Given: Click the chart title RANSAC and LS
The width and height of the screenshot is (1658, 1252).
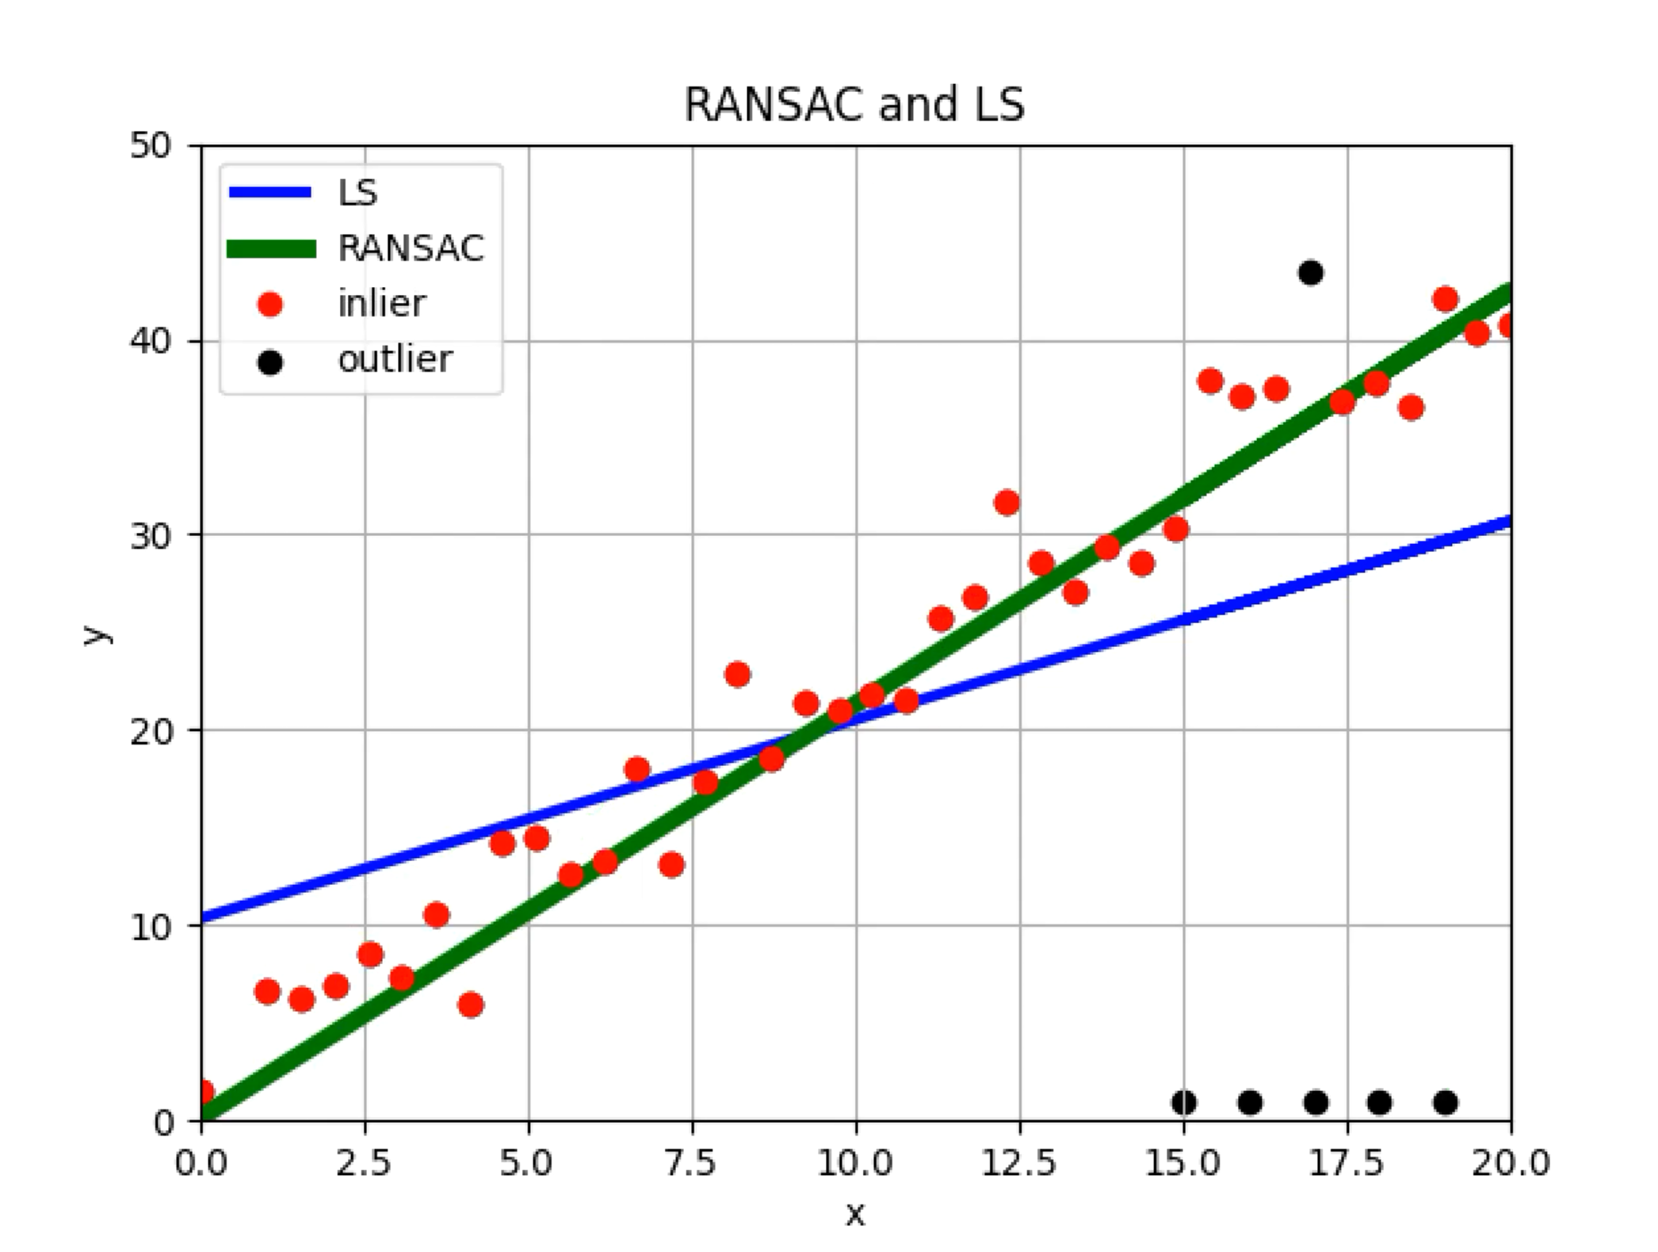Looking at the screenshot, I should click(x=854, y=105).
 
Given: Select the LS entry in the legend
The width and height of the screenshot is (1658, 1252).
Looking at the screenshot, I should click(x=357, y=193).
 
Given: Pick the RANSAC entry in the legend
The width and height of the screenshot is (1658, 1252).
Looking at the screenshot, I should click(x=410, y=248).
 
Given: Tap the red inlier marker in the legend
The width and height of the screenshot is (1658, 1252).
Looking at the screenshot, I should click(x=270, y=304).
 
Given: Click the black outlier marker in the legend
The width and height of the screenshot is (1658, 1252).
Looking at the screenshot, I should click(x=270, y=362).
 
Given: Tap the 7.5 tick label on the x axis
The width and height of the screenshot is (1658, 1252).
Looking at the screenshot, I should click(x=692, y=1164).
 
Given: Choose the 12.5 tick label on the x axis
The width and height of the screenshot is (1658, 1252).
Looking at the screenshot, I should click(x=1019, y=1164).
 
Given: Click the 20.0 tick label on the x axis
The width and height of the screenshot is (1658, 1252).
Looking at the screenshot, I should click(x=1510, y=1164).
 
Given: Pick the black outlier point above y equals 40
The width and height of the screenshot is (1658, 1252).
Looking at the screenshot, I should click(x=1310, y=273).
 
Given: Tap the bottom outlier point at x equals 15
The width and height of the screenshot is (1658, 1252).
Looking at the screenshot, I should click(x=1183, y=1102).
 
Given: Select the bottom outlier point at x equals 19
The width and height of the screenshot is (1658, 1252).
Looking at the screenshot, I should click(x=1445, y=1102).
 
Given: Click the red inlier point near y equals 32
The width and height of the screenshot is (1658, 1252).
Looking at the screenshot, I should click(x=1007, y=503).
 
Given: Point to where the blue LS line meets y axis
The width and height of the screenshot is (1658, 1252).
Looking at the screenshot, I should click(x=204, y=919).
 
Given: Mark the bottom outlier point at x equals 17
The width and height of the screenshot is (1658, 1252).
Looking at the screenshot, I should click(x=1316, y=1102).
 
